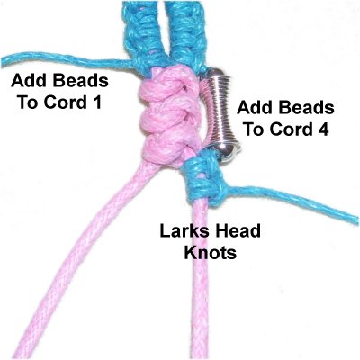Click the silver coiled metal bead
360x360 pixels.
[221, 114]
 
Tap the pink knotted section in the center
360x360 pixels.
[168, 115]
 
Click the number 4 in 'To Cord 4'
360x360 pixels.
[323, 130]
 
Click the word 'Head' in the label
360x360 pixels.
[240, 231]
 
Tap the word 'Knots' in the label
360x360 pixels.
[211, 253]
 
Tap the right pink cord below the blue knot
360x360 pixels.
[201, 279]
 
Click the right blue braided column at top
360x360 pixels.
[184, 34]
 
